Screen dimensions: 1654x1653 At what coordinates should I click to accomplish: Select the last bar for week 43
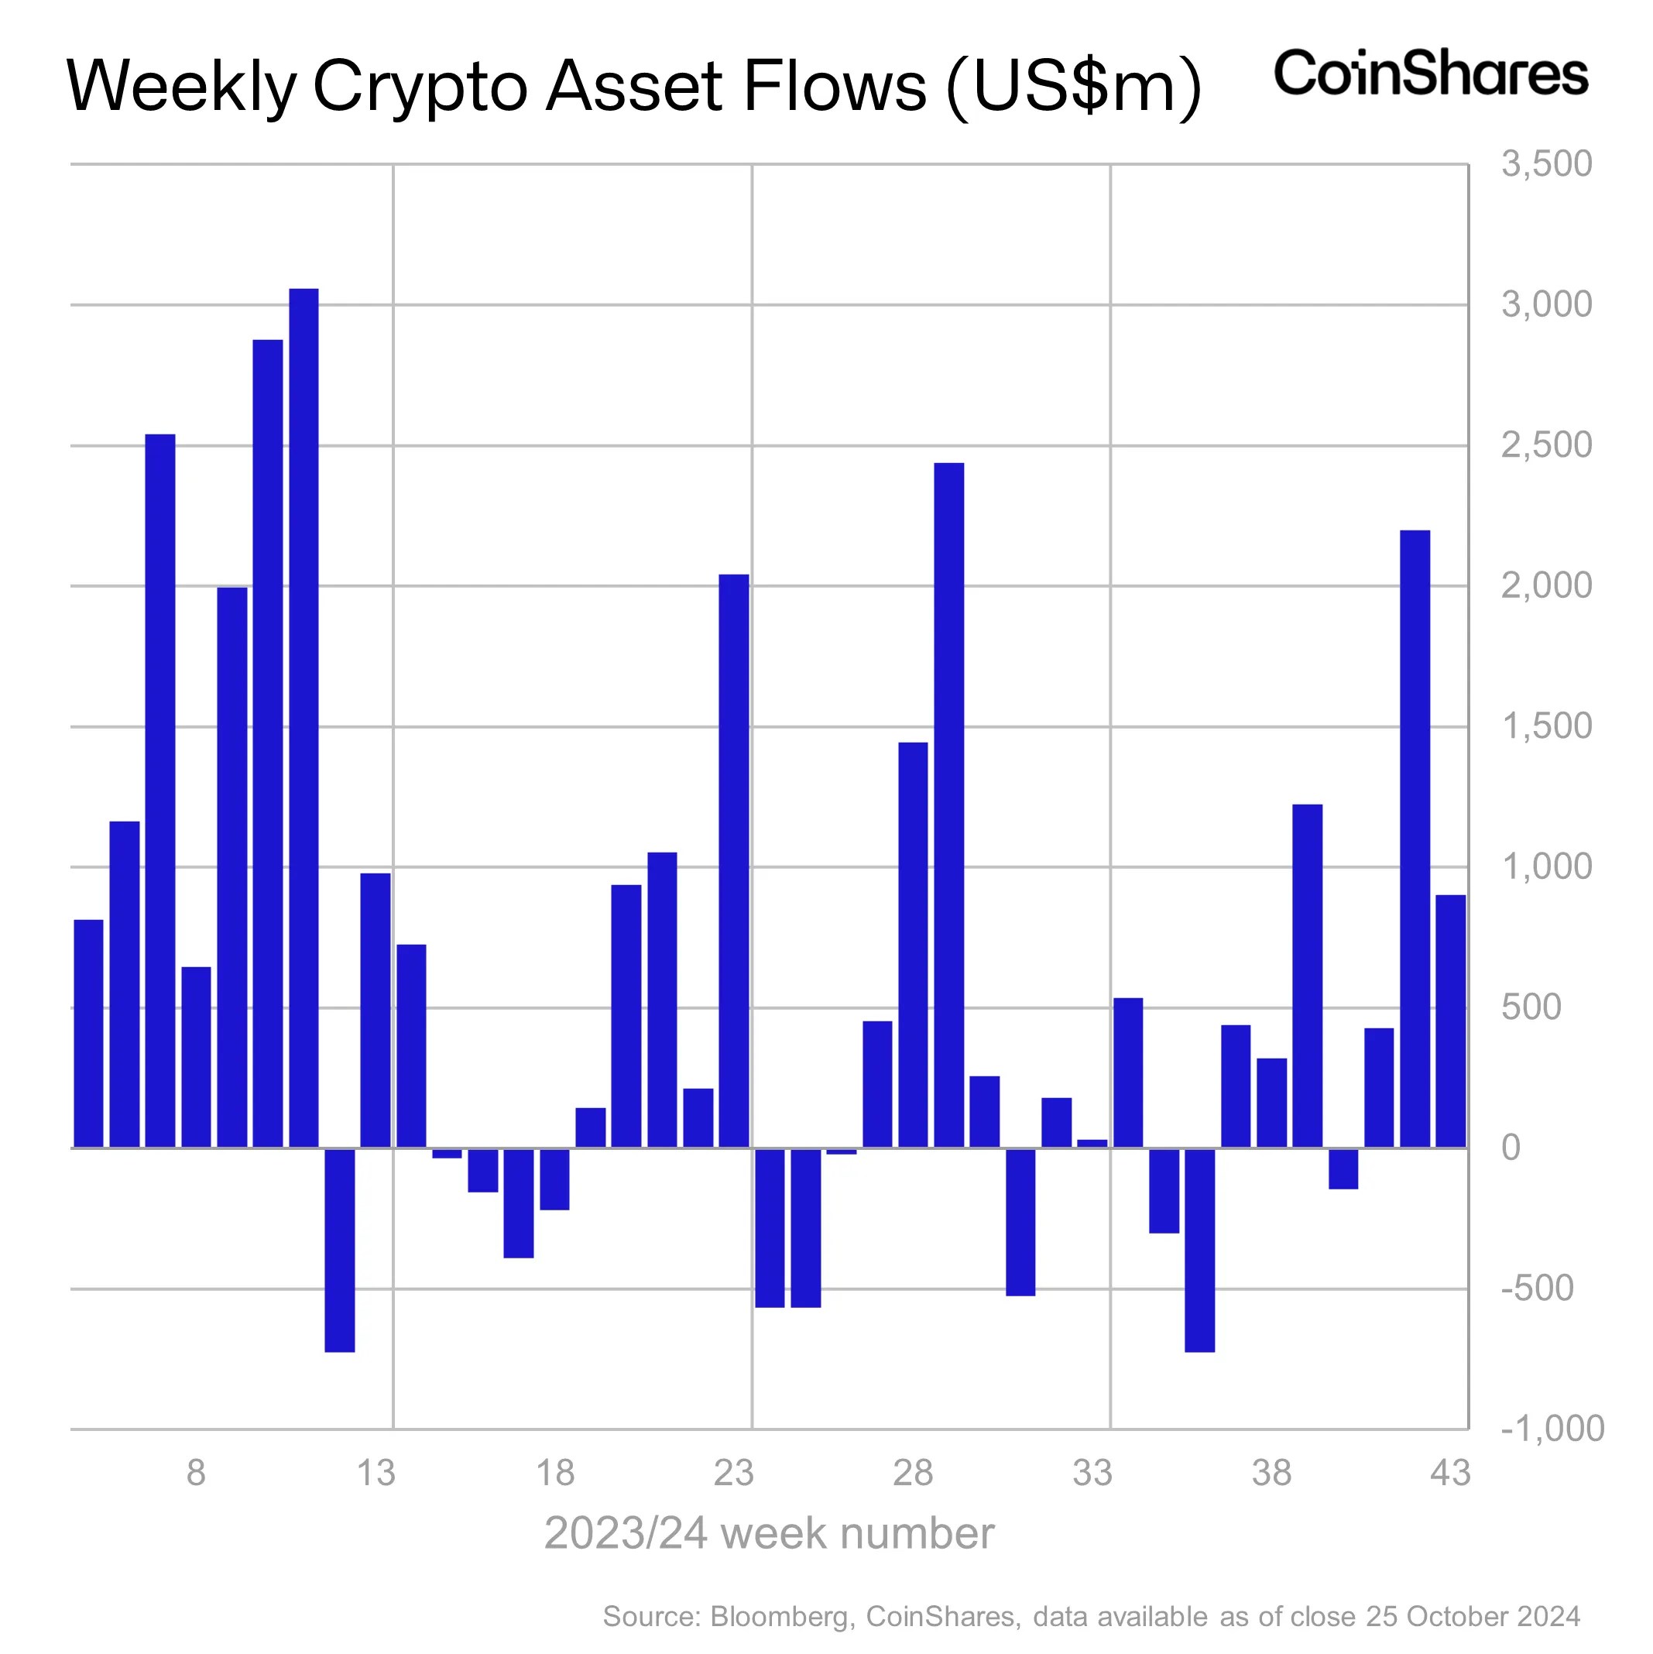[1450, 1021]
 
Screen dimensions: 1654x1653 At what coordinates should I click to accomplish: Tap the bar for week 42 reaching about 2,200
[1415, 839]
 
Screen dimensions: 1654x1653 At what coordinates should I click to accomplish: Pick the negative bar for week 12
[340, 1249]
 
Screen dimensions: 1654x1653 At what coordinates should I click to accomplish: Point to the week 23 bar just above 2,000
[734, 860]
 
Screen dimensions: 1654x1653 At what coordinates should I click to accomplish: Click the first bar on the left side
[89, 1033]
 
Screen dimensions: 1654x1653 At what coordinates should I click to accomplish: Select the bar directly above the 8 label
[196, 1056]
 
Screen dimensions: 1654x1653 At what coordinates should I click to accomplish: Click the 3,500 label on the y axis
[1546, 163]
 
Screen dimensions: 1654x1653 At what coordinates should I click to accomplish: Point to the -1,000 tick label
[1551, 1428]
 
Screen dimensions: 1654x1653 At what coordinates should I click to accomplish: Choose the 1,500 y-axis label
[1546, 726]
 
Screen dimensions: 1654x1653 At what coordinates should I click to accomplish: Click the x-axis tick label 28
[913, 1474]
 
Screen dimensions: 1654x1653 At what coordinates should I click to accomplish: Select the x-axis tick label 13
[375, 1474]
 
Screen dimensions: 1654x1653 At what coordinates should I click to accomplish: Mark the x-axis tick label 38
[1271, 1474]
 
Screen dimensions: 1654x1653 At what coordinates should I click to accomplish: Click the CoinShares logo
[1431, 73]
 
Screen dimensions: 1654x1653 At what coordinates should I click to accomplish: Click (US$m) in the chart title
[1075, 88]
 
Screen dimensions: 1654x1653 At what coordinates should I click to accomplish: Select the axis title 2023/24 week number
[769, 1533]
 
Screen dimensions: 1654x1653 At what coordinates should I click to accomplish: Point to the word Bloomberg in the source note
[780, 1616]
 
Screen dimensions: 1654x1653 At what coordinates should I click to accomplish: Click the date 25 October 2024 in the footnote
[1473, 1616]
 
